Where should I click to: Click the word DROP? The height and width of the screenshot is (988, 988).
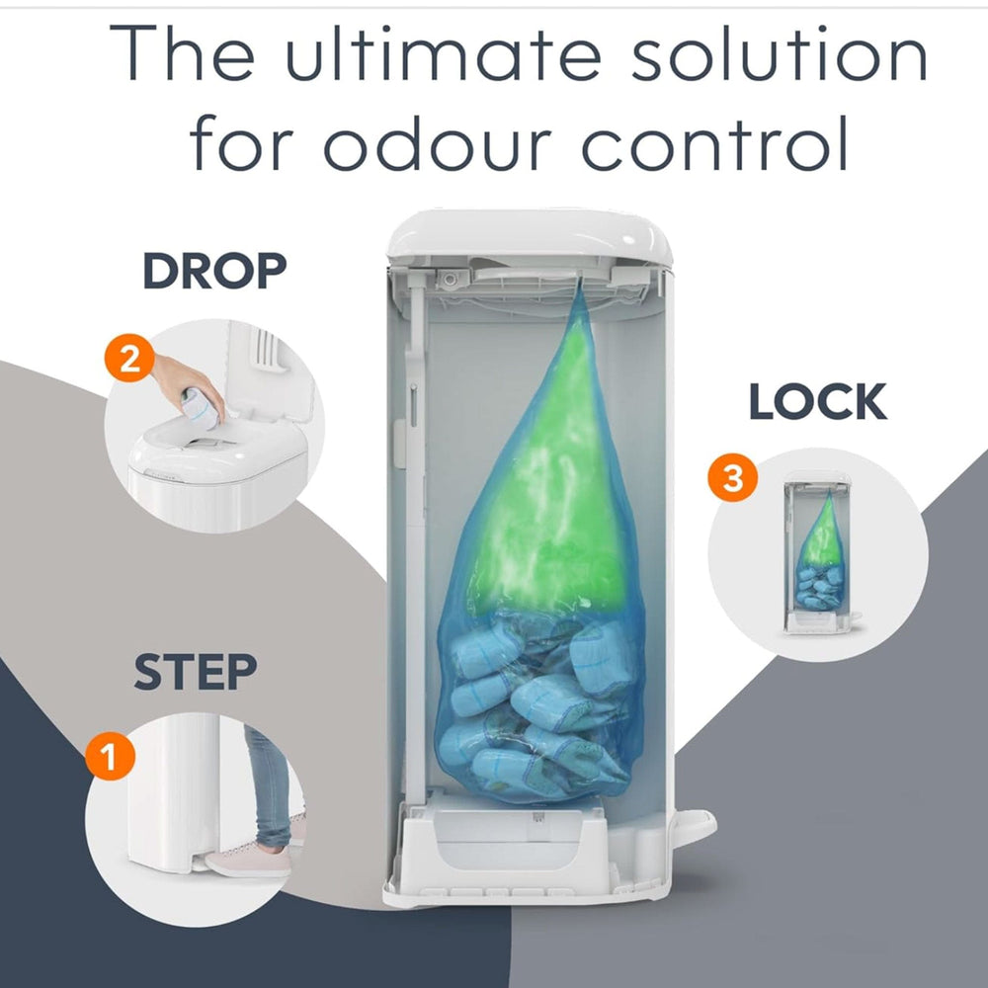coord(214,271)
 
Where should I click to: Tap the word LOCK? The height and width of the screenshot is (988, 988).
coord(818,401)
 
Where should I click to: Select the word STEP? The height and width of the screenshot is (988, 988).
coord(196,672)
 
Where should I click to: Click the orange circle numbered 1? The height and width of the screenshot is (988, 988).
coord(111,756)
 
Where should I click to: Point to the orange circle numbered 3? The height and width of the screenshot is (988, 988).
coord(732,477)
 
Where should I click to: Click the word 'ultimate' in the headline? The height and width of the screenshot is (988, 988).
coord(444,53)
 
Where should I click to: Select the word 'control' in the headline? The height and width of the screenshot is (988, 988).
coord(714,143)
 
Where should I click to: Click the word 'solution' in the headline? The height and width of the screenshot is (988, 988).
coord(780,53)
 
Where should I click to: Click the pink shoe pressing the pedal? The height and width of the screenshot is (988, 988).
coord(249,863)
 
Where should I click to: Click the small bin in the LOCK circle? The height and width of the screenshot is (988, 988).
coord(818,552)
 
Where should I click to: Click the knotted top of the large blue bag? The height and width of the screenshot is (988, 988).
coord(578,288)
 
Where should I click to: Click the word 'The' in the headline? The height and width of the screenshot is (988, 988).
coord(182,53)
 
